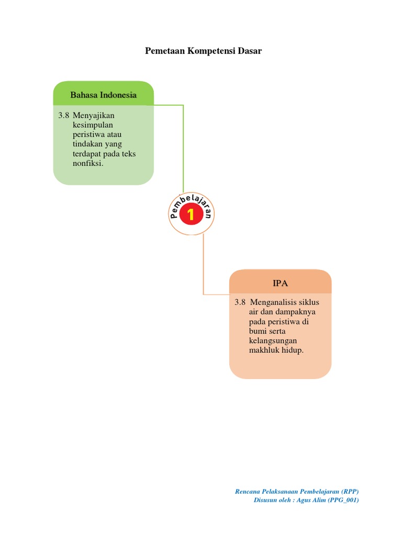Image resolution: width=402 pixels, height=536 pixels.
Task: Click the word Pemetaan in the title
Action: (x=162, y=51)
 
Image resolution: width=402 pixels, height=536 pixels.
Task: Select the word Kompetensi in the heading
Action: (x=209, y=51)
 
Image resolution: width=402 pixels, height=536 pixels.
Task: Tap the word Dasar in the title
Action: (x=249, y=51)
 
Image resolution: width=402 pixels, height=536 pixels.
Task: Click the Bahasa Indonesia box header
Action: (x=104, y=95)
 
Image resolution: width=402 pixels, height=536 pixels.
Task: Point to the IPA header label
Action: (x=280, y=283)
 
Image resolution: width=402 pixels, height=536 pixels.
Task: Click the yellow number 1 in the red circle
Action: (x=191, y=214)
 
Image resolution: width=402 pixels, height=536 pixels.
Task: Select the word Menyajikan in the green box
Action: (x=94, y=115)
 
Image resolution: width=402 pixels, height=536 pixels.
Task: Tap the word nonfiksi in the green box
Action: (x=88, y=163)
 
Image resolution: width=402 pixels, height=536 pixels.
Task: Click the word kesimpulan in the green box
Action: (x=93, y=125)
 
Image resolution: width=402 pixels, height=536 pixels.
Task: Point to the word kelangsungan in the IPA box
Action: (x=273, y=340)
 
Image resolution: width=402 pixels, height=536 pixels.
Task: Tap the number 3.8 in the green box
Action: (x=64, y=115)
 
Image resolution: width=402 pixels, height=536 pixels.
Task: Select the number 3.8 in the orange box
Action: (x=240, y=303)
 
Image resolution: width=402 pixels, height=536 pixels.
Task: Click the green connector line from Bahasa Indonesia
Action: (x=183, y=147)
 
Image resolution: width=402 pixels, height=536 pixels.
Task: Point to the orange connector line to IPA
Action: (x=203, y=267)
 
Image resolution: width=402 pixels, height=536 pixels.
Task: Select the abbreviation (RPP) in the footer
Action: (x=350, y=491)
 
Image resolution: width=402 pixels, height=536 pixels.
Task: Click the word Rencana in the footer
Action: (x=248, y=491)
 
